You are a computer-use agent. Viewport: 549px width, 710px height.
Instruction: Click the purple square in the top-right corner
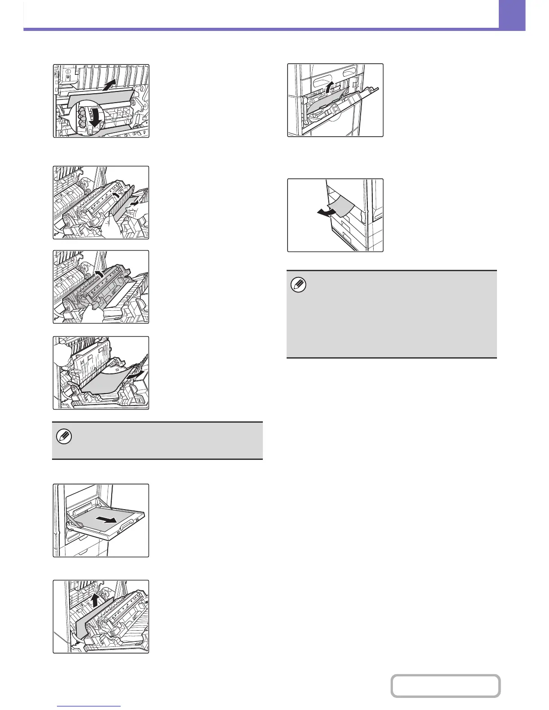point(511,15)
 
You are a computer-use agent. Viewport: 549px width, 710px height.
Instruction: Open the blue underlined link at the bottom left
point(89,706)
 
